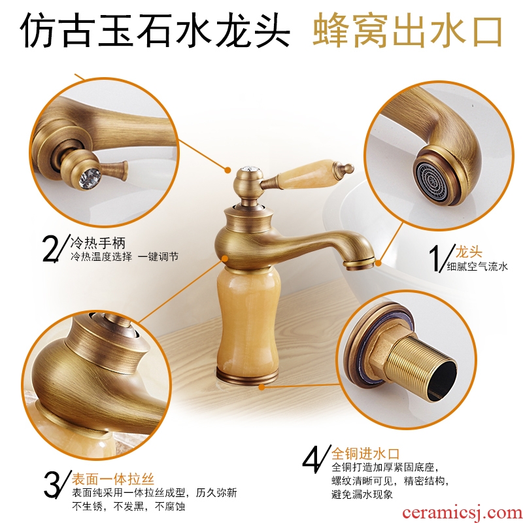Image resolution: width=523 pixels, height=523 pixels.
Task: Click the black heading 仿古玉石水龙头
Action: (156, 30)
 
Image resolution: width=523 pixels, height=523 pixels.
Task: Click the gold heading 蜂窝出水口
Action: (407, 30)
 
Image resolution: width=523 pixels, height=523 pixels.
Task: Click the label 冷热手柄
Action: (98, 243)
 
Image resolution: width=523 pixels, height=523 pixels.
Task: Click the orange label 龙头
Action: (469, 252)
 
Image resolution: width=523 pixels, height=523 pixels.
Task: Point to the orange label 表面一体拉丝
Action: (113, 479)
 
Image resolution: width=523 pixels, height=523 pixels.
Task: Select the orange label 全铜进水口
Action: (365, 454)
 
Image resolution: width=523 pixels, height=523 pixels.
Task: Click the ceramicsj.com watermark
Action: (462, 513)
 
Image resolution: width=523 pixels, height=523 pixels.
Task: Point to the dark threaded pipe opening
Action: (443, 380)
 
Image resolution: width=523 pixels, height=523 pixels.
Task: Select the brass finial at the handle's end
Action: (348, 167)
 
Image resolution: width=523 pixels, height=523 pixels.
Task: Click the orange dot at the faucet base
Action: (262, 387)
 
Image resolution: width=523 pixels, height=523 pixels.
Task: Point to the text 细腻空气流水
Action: (477, 266)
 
